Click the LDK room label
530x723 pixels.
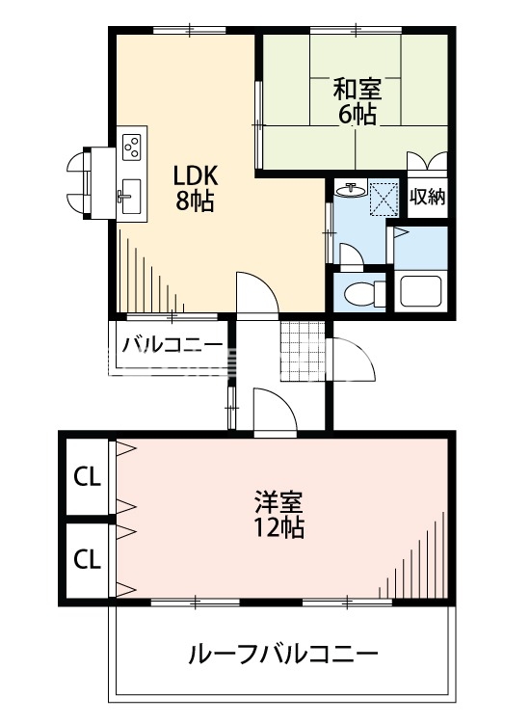coord(196,177)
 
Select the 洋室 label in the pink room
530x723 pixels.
coord(279,502)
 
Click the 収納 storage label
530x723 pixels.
coord(428,199)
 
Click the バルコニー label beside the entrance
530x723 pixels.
coord(172,344)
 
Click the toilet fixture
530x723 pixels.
coord(358,293)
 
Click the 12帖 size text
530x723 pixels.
coord(279,527)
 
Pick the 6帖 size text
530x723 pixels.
coord(357,115)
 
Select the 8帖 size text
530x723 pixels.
coord(196,202)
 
